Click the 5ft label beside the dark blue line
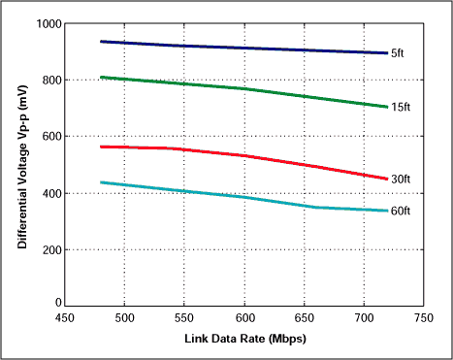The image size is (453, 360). click(398, 53)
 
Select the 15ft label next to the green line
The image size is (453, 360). click(400, 107)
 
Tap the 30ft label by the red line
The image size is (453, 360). click(400, 179)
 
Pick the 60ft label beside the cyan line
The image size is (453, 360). click(400, 211)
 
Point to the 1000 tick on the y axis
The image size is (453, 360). click(46, 23)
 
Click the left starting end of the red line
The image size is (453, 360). click(101, 147)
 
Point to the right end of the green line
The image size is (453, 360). click(387, 107)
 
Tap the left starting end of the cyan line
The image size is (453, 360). click(101, 182)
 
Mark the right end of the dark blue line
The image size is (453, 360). click(387, 53)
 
